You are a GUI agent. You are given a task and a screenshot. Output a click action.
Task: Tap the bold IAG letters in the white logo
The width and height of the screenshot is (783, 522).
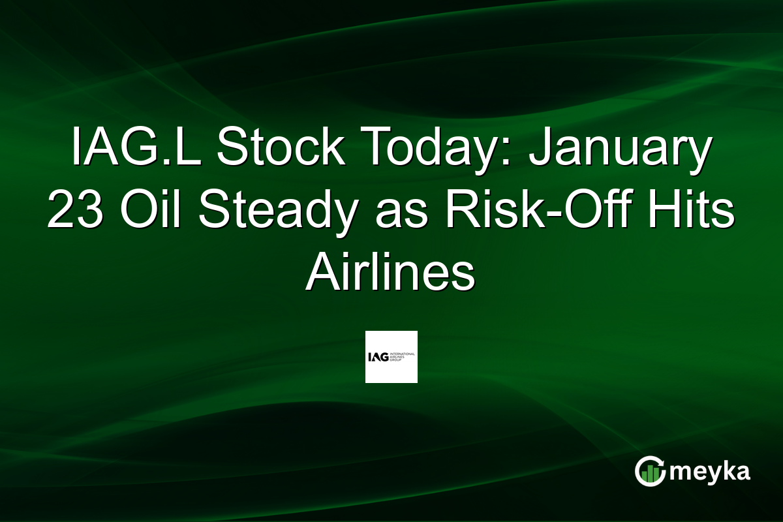point(378,356)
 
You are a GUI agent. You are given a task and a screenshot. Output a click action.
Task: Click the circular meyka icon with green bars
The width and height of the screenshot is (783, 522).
point(650,472)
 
